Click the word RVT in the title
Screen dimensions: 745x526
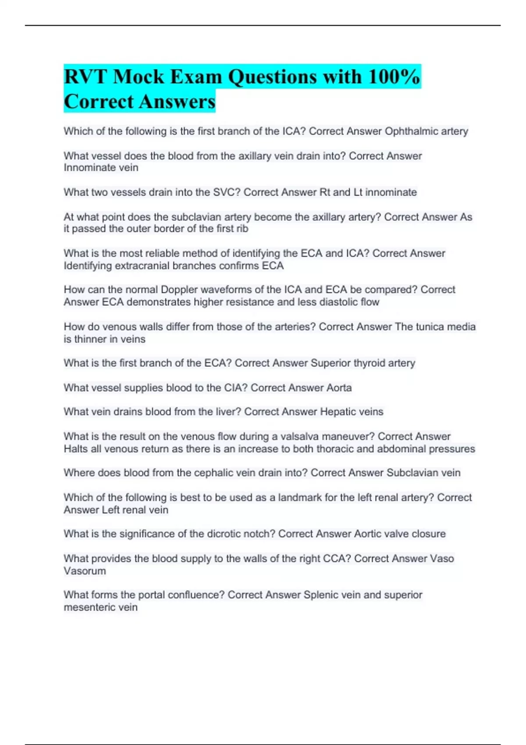pyautogui.click(x=85, y=77)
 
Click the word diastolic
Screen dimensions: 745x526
pyautogui.click(x=334, y=302)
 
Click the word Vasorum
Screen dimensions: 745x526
pyautogui.click(x=85, y=571)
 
